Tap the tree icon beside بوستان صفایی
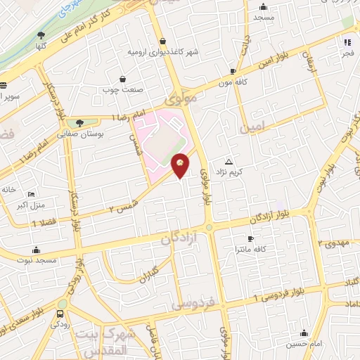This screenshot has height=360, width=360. point(88,122)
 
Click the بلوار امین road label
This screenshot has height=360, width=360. point(295,61)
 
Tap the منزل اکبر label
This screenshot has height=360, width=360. point(31,206)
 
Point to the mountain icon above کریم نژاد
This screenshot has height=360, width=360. point(228,161)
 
